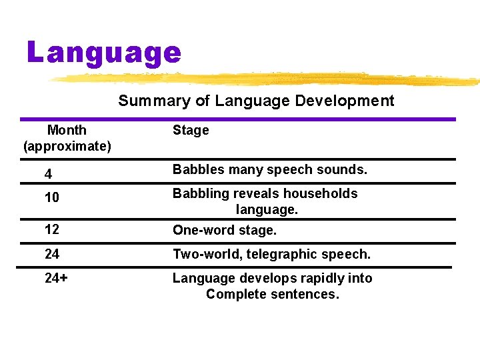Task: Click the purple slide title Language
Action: coord(104,52)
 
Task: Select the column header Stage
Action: coord(191,131)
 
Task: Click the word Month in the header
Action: coord(67,130)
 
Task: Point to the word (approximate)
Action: coord(67,145)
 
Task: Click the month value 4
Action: coord(48,175)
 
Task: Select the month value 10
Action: coord(51,198)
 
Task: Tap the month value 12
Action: coord(51,229)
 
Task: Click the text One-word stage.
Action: coord(224,231)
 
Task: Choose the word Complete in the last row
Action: coord(234,294)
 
